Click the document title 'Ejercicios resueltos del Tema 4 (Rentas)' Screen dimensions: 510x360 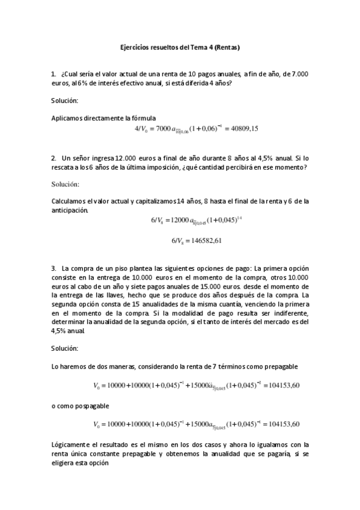point(180,46)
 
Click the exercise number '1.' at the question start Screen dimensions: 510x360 point(53,73)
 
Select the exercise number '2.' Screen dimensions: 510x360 point(53,158)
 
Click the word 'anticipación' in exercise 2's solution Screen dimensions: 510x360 point(70,210)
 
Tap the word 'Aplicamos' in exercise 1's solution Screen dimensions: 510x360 point(67,118)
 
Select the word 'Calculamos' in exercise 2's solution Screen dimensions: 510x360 point(69,201)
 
